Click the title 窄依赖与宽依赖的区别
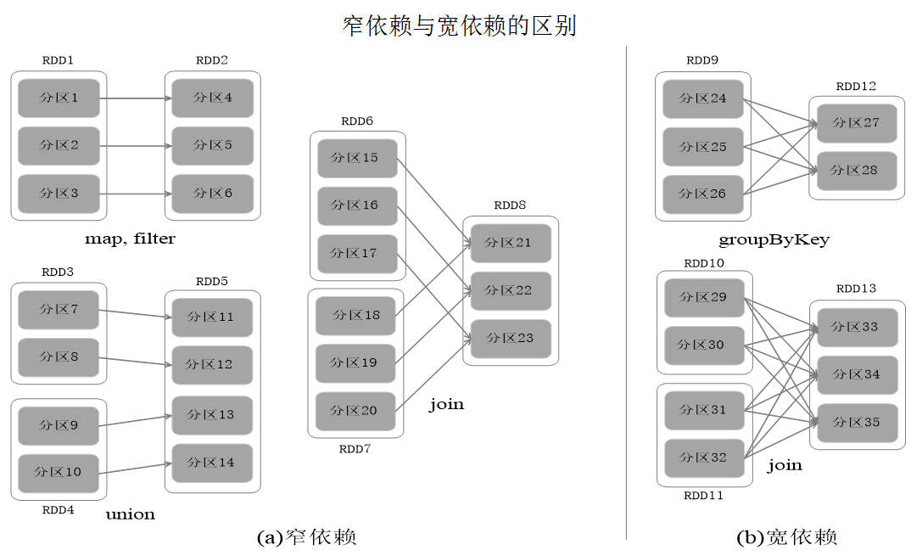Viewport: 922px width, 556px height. click(459, 25)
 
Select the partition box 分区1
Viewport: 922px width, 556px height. click(59, 98)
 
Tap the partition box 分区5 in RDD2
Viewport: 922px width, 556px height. click(212, 145)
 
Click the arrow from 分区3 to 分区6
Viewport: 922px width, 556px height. click(136, 194)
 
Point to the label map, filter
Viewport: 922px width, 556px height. click(130, 239)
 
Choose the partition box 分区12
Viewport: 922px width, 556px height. click(212, 365)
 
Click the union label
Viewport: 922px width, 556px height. click(130, 514)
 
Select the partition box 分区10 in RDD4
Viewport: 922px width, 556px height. click(59, 472)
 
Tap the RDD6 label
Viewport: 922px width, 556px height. click(357, 121)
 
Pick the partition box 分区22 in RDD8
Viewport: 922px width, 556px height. click(511, 290)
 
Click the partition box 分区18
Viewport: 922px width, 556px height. click(355, 315)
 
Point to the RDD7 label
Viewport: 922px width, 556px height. click(355, 448)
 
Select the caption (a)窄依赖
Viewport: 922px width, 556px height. click(305, 537)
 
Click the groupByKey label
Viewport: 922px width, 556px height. click(774, 239)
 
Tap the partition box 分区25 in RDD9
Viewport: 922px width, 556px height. click(702, 147)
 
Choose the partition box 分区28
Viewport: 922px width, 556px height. click(856, 171)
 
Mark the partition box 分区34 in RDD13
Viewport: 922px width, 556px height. click(856, 374)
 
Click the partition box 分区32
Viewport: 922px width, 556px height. click(703, 458)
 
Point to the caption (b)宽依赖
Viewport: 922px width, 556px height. click(787, 537)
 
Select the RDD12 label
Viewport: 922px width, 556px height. click(856, 87)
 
